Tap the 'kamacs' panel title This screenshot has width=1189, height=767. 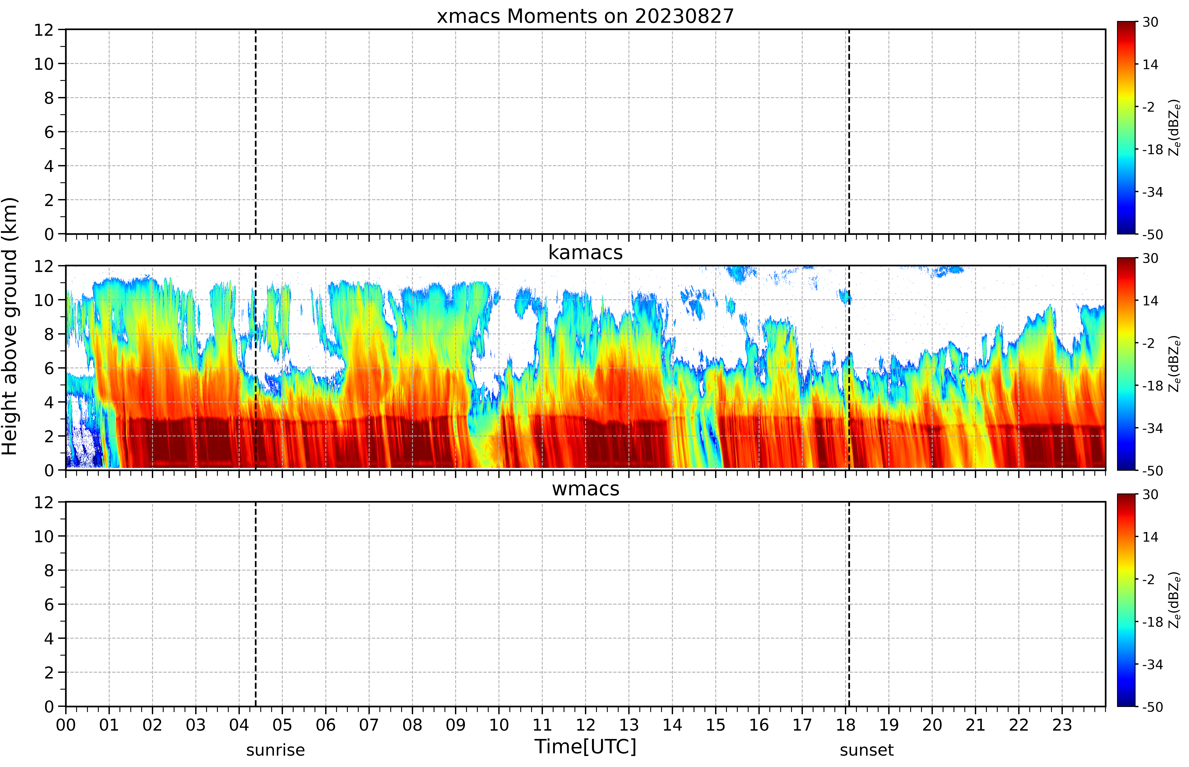click(x=585, y=252)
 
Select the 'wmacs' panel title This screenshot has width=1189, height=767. click(x=585, y=489)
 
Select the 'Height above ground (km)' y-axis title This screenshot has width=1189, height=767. click(x=9, y=326)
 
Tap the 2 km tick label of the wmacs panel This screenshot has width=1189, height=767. click(x=49, y=672)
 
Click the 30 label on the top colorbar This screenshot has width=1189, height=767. click(x=1150, y=22)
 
